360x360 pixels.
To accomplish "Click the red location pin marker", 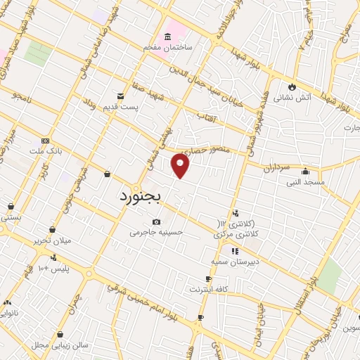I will point(181,165).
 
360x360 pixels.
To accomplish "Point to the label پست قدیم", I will point(138,105).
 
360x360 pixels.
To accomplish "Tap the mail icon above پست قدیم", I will point(120,96).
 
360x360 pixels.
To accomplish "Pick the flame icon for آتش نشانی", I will point(290,86).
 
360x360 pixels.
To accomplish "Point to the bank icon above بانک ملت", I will point(46,140).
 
